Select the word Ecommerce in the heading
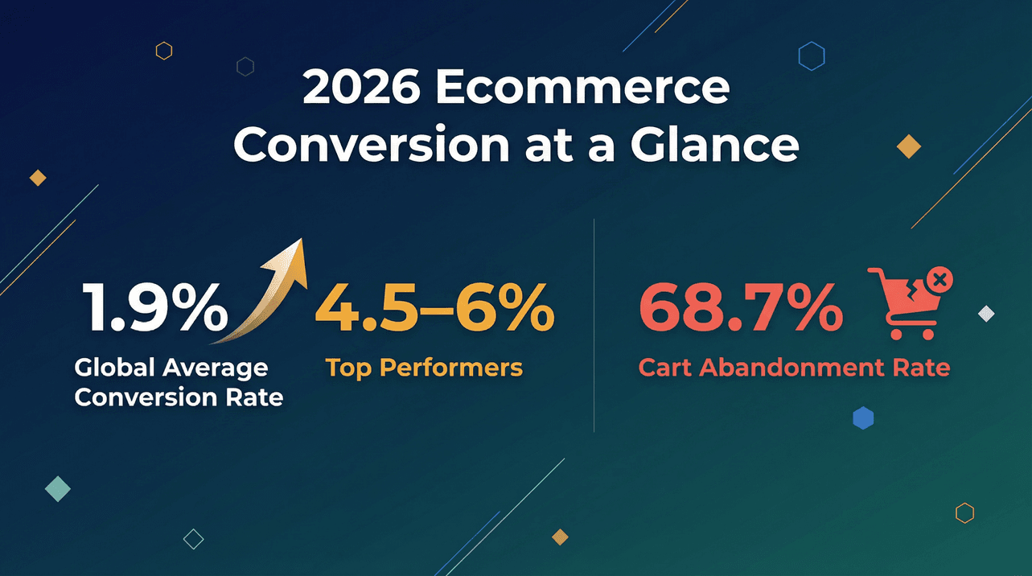(x=581, y=89)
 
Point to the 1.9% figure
(x=154, y=309)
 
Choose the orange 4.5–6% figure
(x=434, y=309)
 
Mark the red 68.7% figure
(x=740, y=309)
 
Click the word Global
(x=113, y=368)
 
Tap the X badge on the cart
(x=939, y=281)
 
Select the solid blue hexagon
(x=863, y=418)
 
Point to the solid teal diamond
(x=58, y=488)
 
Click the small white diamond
(x=986, y=314)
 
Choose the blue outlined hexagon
(x=811, y=56)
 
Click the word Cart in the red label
(x=665, y=368)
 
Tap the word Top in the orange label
(x=349, y=368)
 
